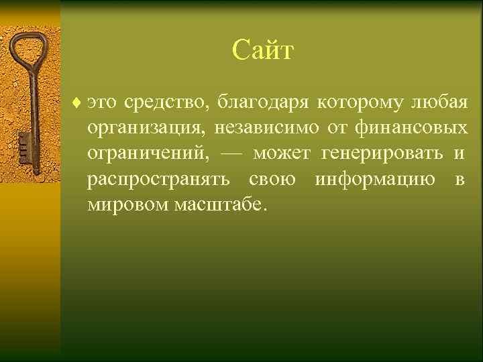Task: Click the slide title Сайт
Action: (x=263, y=50)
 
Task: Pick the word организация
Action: (x=143, y=129)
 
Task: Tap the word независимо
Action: (x=267, y=129)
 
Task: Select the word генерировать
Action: (x=382, y=154)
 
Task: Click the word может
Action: (x=281, y=154)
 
